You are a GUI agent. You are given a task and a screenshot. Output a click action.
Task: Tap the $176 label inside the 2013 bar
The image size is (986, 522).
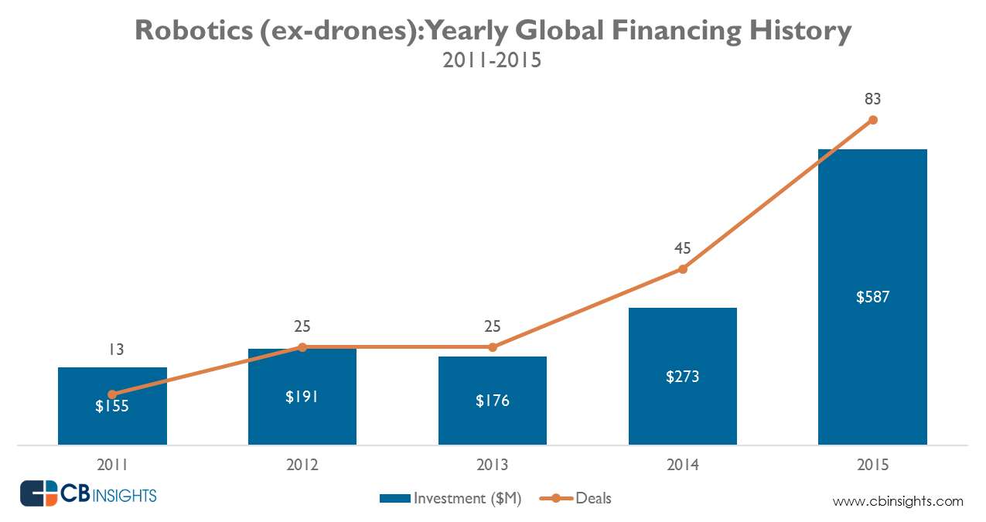click(493, 401)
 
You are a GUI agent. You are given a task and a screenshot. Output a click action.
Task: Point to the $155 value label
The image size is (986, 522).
click(113, 405)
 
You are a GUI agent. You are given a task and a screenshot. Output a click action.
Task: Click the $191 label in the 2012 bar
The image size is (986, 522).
click(302, 397)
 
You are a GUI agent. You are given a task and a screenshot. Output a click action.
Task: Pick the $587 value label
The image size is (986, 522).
click(872, 296)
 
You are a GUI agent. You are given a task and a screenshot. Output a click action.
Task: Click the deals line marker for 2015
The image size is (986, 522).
click(873, 120)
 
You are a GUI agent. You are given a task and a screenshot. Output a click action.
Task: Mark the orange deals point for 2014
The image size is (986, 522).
click(682, 269)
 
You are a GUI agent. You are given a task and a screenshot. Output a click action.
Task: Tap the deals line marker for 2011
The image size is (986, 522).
click(112, 394)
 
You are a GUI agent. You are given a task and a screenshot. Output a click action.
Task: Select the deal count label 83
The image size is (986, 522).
click(873, 99)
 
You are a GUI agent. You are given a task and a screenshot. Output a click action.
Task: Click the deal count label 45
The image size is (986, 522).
click(682, 248)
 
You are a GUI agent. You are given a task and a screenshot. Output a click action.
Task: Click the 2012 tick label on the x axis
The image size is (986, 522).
click(302, 466)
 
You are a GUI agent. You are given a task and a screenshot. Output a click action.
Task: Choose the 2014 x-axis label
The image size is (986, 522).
click(682, 466)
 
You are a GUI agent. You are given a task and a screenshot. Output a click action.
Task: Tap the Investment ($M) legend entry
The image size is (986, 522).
click(452, 499)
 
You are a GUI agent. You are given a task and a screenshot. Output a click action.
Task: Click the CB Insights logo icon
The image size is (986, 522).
click(39, 493)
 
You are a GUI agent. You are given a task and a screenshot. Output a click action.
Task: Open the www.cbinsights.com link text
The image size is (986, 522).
click(898, 501)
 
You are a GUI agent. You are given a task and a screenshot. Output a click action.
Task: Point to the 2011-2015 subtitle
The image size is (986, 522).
click(492, 61)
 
